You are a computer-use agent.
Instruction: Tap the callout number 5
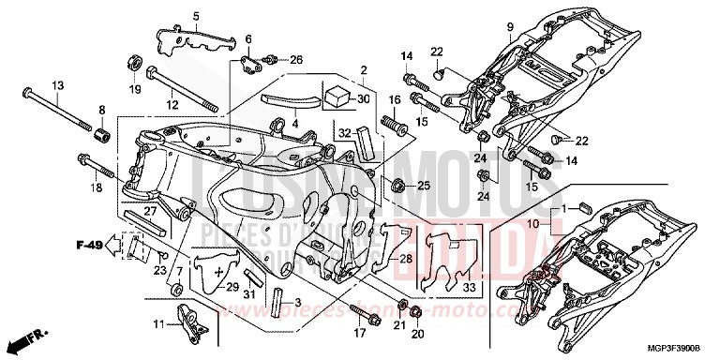(197, 16)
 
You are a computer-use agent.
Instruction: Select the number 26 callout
(297, 60)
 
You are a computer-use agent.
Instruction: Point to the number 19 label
(134, 90)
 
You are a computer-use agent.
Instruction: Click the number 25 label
(423, 186)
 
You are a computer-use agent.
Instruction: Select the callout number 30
(365, 99)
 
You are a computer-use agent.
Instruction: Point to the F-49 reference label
(88, 247)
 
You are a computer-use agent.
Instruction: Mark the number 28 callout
(405, 258)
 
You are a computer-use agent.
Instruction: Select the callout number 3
(298, 302)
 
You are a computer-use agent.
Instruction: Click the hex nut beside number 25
(397, 185)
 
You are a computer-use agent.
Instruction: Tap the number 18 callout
(97, 187)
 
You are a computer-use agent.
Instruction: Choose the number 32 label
(345, 132)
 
